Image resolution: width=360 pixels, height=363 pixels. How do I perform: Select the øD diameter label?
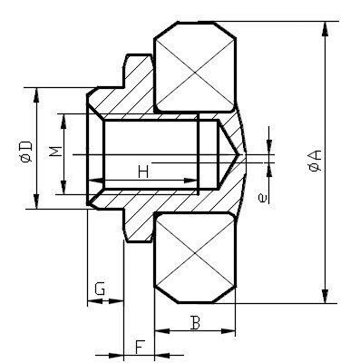[x=25, y=152]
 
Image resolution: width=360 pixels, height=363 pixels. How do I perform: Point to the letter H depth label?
[x=142, y=171]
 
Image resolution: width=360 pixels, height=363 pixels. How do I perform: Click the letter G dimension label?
[x=102, y=289]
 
